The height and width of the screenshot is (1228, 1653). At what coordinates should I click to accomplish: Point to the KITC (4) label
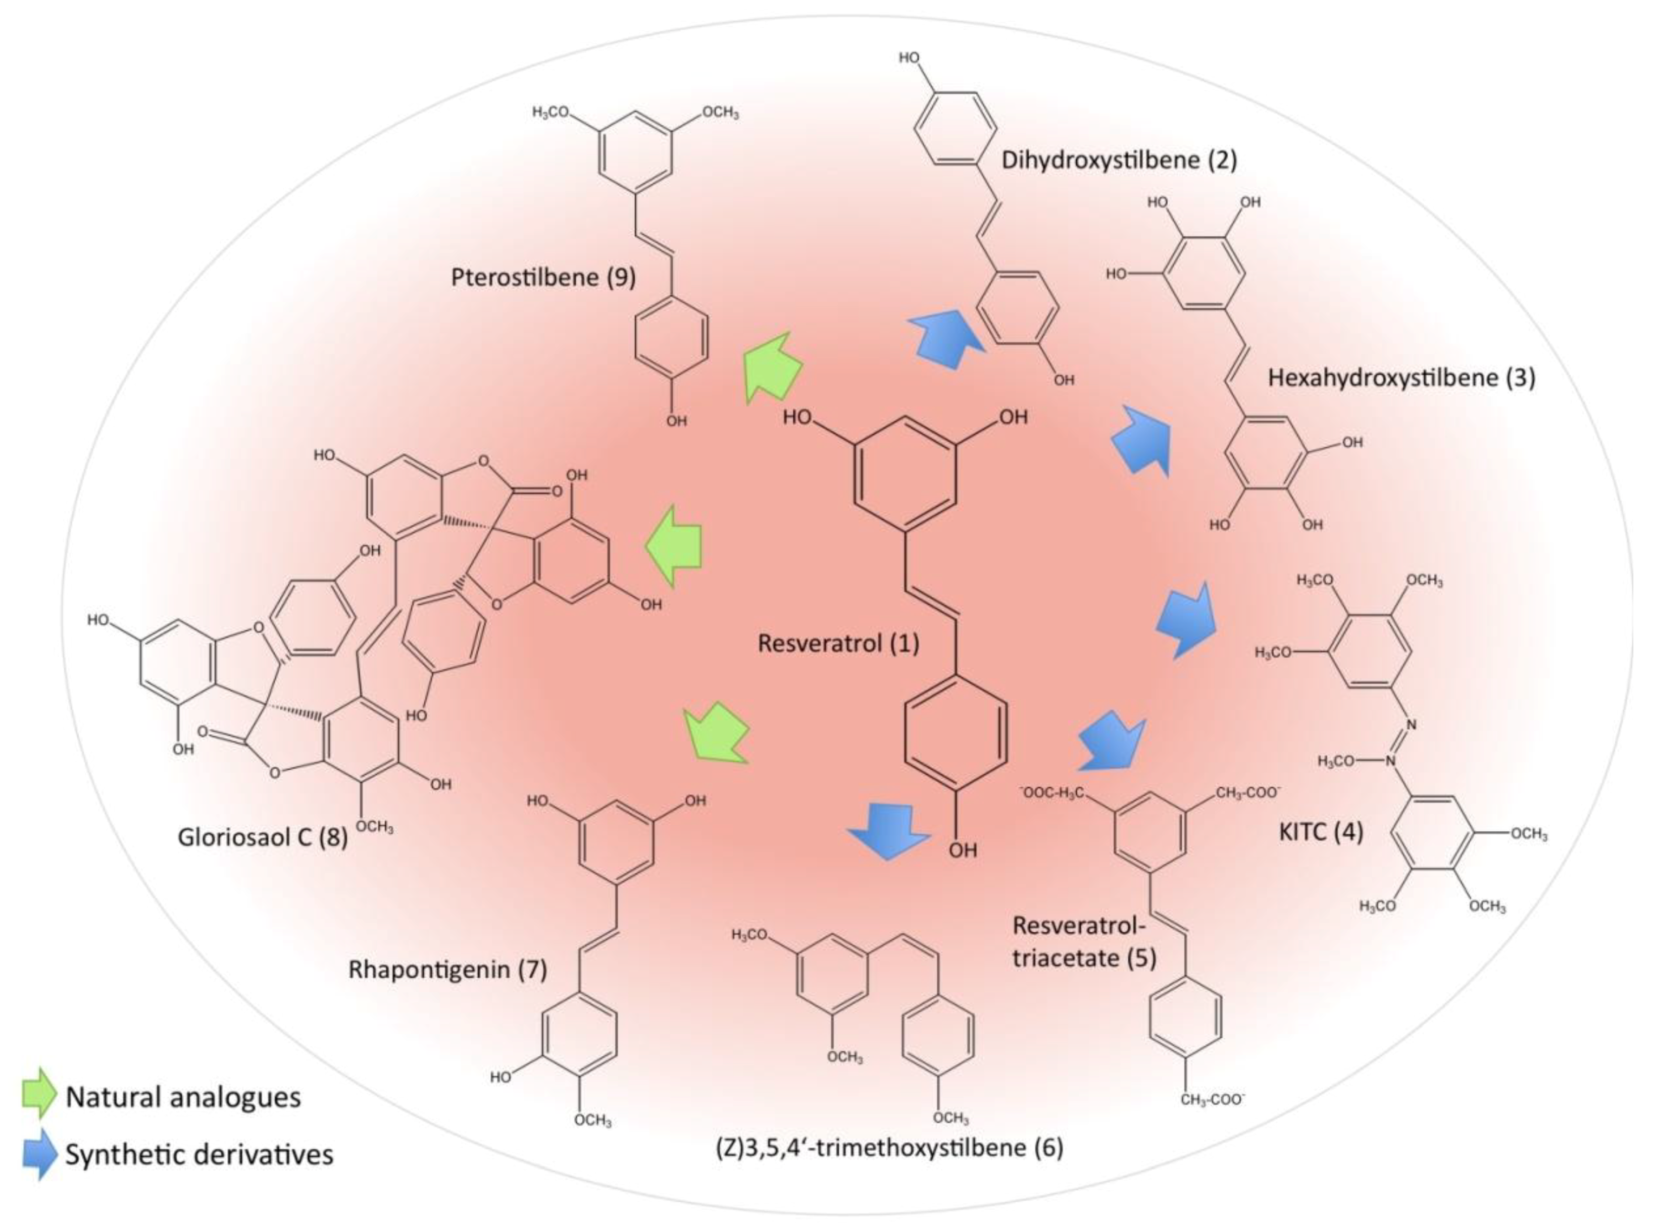(x=1321, y=832)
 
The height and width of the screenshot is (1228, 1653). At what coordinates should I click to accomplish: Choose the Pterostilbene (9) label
(x=543, y=277)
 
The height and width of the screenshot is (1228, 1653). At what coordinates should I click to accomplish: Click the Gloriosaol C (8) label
(x=263, y=838)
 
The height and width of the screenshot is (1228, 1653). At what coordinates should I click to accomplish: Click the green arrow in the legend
(x=39, y=1093)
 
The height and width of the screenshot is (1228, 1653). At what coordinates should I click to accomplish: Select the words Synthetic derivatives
(x=199, y=1154)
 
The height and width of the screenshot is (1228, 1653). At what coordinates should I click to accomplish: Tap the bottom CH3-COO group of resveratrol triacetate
(x=1213, y=1099)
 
